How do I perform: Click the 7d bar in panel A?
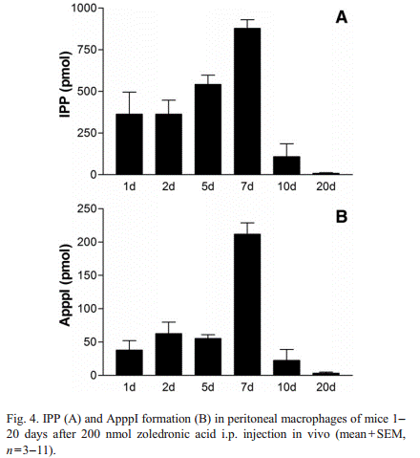[247, 101]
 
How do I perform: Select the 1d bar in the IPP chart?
[129, 144]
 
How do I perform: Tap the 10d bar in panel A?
[286, 165]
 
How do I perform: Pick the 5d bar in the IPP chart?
[208, 129]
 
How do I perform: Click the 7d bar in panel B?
[247, 304]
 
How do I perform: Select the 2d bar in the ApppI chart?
[169, 354]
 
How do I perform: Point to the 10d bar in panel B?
[286, 367]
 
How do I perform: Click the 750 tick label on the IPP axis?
[86, 50]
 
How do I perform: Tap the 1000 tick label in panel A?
[83, 8]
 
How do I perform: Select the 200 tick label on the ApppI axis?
[86, 242]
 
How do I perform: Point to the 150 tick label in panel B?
[86, 275]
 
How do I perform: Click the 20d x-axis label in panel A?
[325, 186]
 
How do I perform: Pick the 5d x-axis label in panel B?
[208, 387]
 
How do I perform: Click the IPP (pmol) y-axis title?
[65, 85]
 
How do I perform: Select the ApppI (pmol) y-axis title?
[65, 285]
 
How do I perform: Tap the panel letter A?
[342, 17]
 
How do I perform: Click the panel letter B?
[342, 217]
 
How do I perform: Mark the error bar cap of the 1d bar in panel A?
[129, 92]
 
